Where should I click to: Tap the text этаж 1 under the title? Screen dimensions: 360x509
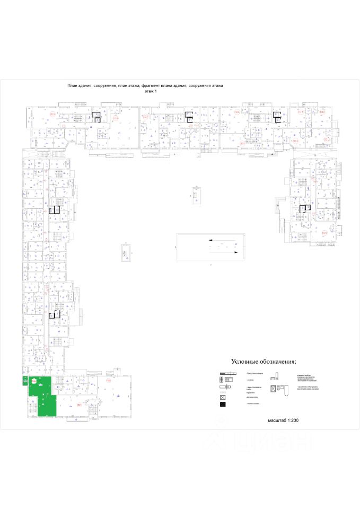(151, 91)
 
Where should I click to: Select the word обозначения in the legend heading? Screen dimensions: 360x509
(279, 362)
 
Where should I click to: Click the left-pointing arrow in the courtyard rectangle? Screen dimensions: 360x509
(211, 240)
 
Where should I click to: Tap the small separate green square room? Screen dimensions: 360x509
(24, 380)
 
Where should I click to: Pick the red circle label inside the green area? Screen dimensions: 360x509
(34, 381)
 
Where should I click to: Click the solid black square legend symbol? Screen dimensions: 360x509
(223, 405)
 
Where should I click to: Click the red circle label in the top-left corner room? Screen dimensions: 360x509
(52, 115)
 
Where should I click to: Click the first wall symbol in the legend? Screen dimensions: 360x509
(226, 374)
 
